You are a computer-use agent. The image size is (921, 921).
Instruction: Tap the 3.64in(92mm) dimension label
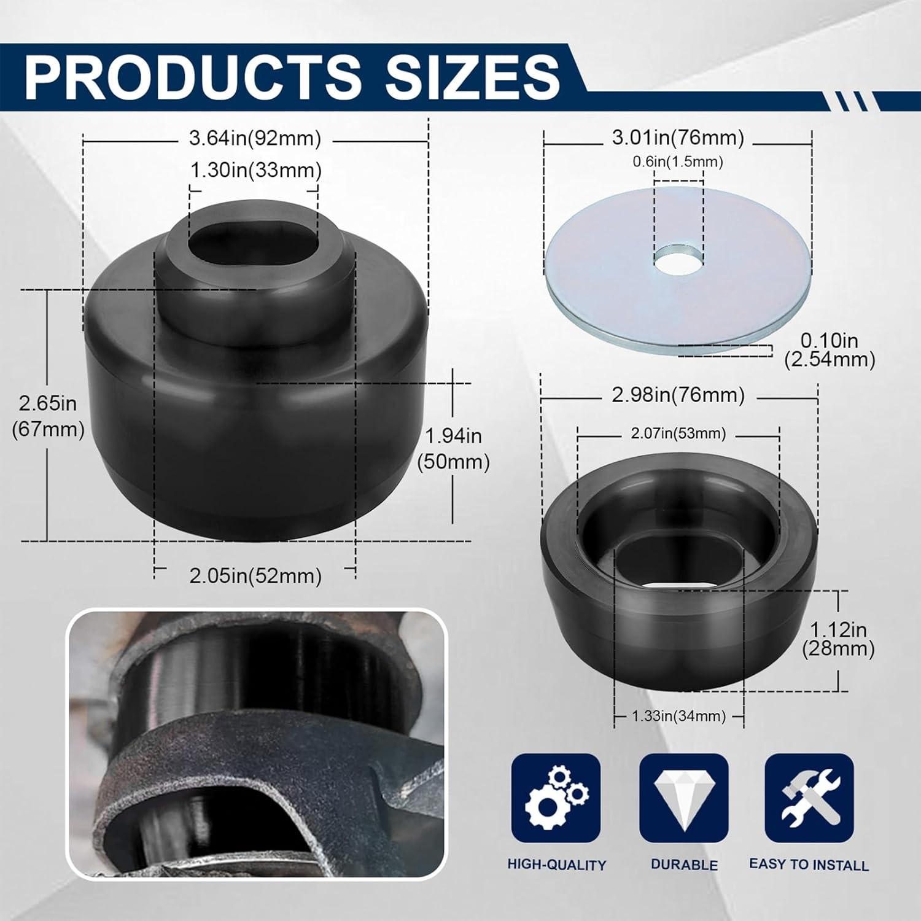point(255,139)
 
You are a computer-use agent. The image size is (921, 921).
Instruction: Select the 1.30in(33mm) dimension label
point(255,170)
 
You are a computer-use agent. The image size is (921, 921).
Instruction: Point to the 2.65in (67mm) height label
point(48,416)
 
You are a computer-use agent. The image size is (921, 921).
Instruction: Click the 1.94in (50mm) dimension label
point(453,448)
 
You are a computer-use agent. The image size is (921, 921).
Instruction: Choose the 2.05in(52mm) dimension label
point(255,576)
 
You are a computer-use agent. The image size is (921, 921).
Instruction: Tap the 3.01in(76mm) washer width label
point(678,138)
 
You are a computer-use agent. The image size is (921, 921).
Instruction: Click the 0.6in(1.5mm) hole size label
point(678,161)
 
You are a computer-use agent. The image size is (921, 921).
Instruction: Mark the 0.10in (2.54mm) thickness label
point(830,349)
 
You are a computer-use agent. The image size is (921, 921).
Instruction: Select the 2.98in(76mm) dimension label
point(678,395)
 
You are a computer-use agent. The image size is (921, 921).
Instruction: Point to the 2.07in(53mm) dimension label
point(678,433)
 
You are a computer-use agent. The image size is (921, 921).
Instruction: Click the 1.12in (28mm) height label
point(838,639)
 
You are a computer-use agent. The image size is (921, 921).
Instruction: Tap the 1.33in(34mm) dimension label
point(678,716)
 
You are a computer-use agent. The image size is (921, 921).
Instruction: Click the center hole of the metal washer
point(678,260)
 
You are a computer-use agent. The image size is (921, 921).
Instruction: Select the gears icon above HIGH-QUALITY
point(556,798)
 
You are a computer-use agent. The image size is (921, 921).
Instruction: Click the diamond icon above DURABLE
point(683,798)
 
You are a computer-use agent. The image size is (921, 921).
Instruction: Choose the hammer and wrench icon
point(809,798)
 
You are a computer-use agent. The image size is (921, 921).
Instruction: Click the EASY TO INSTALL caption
point(809,865)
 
